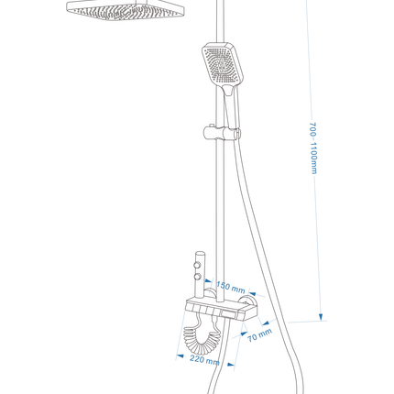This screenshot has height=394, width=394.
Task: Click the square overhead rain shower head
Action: [x=126, y=10]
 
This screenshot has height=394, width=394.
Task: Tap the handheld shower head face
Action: [x=223, y=65]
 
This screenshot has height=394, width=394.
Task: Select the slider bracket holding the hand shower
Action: [x=222, y=133]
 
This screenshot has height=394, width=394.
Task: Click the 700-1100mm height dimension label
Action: [x=313, y=148]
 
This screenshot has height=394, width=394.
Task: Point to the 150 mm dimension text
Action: [x=231, y=287]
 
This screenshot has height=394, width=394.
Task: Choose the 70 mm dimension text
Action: [x=259, y=335]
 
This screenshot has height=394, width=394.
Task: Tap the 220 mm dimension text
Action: [x=204, y=360]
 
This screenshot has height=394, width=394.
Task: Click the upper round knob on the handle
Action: [x=198, y=264]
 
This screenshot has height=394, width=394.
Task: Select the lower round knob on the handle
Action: [x=198, y=277]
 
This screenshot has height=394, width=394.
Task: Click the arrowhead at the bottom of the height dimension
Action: [x=321, y=317]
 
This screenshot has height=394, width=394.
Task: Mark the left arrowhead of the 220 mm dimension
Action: [x=181, y=356]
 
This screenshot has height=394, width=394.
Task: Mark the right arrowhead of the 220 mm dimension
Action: [x=231, y=364]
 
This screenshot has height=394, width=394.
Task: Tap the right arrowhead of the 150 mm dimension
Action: [x=253, y=293]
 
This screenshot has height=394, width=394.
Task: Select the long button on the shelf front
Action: [x=229, y=314]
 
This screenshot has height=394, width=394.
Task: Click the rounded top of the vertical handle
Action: [x=200, y=253]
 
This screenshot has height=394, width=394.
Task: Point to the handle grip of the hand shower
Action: [x=232, y=106]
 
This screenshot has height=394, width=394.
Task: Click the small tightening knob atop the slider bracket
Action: [x=211, y=126]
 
